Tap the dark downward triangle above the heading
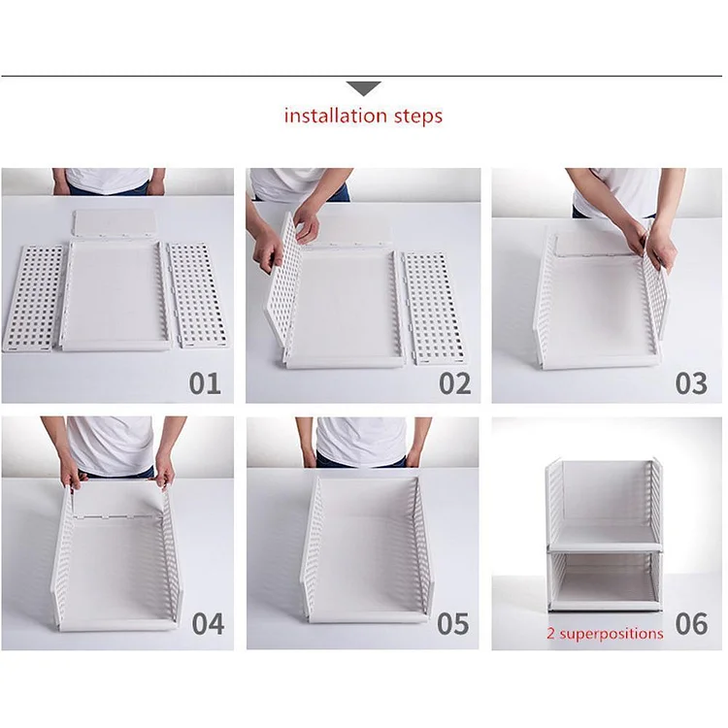point(364,88)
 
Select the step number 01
point(205,382)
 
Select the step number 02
point(454,382)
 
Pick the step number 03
point(691,382)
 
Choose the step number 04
point(208,623)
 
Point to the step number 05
point(453,623)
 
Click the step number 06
point(691,623)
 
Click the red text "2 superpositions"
point(606,633)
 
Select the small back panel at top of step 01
point(116,223)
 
